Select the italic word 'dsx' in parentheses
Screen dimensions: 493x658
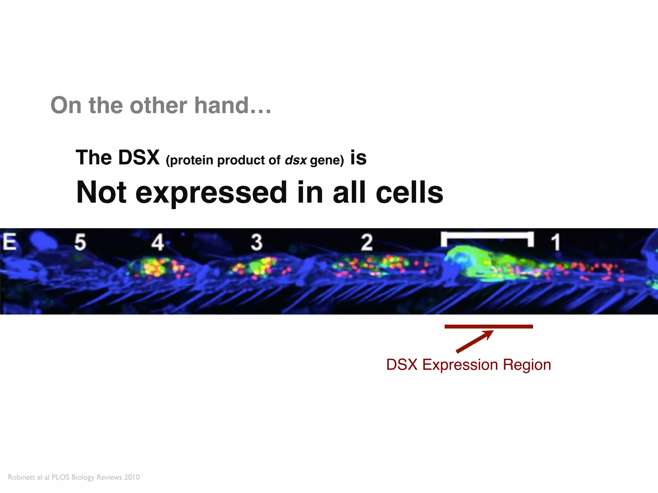296,160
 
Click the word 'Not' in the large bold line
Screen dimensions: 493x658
101,193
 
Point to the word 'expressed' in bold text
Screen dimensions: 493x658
211,193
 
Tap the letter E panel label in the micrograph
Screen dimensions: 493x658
10,242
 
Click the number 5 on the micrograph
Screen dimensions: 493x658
80,242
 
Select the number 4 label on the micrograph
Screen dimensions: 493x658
157,242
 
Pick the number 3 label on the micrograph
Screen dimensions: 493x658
256,242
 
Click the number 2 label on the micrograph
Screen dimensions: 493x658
367,242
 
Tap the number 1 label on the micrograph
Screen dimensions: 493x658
556,242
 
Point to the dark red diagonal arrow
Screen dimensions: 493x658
474,342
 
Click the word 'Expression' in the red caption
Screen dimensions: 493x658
460,365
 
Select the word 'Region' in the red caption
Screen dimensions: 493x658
527,365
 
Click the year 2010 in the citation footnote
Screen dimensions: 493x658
132,477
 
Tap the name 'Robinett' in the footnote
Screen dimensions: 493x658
21,477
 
